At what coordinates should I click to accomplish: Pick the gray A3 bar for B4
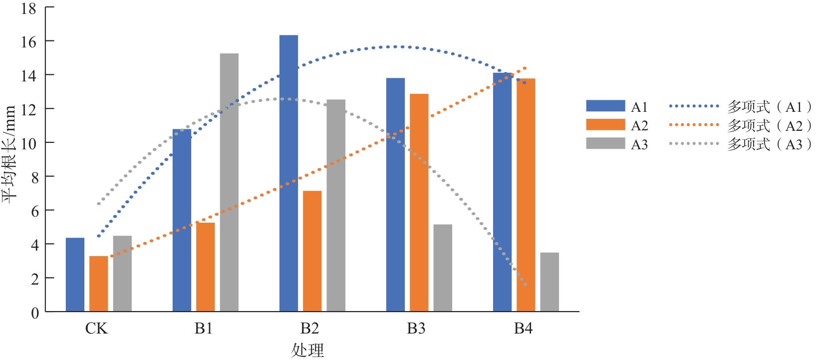click(549, 282)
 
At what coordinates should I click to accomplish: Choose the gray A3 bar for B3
click(443, 268)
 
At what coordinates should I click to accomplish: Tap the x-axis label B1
click(204, 329)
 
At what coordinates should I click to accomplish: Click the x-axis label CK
click(96, 329)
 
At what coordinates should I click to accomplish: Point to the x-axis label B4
click(523, 329)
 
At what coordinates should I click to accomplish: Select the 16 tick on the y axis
click(29, 41)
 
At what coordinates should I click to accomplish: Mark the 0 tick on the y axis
click(35, 313)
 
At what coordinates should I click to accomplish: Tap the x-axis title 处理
click(307, 350)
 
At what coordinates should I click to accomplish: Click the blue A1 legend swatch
click(605, 106)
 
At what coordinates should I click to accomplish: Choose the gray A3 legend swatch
click(605, 144)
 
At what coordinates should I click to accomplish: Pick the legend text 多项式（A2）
click(769, 125)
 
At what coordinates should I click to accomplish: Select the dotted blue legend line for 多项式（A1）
click(694, 106)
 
